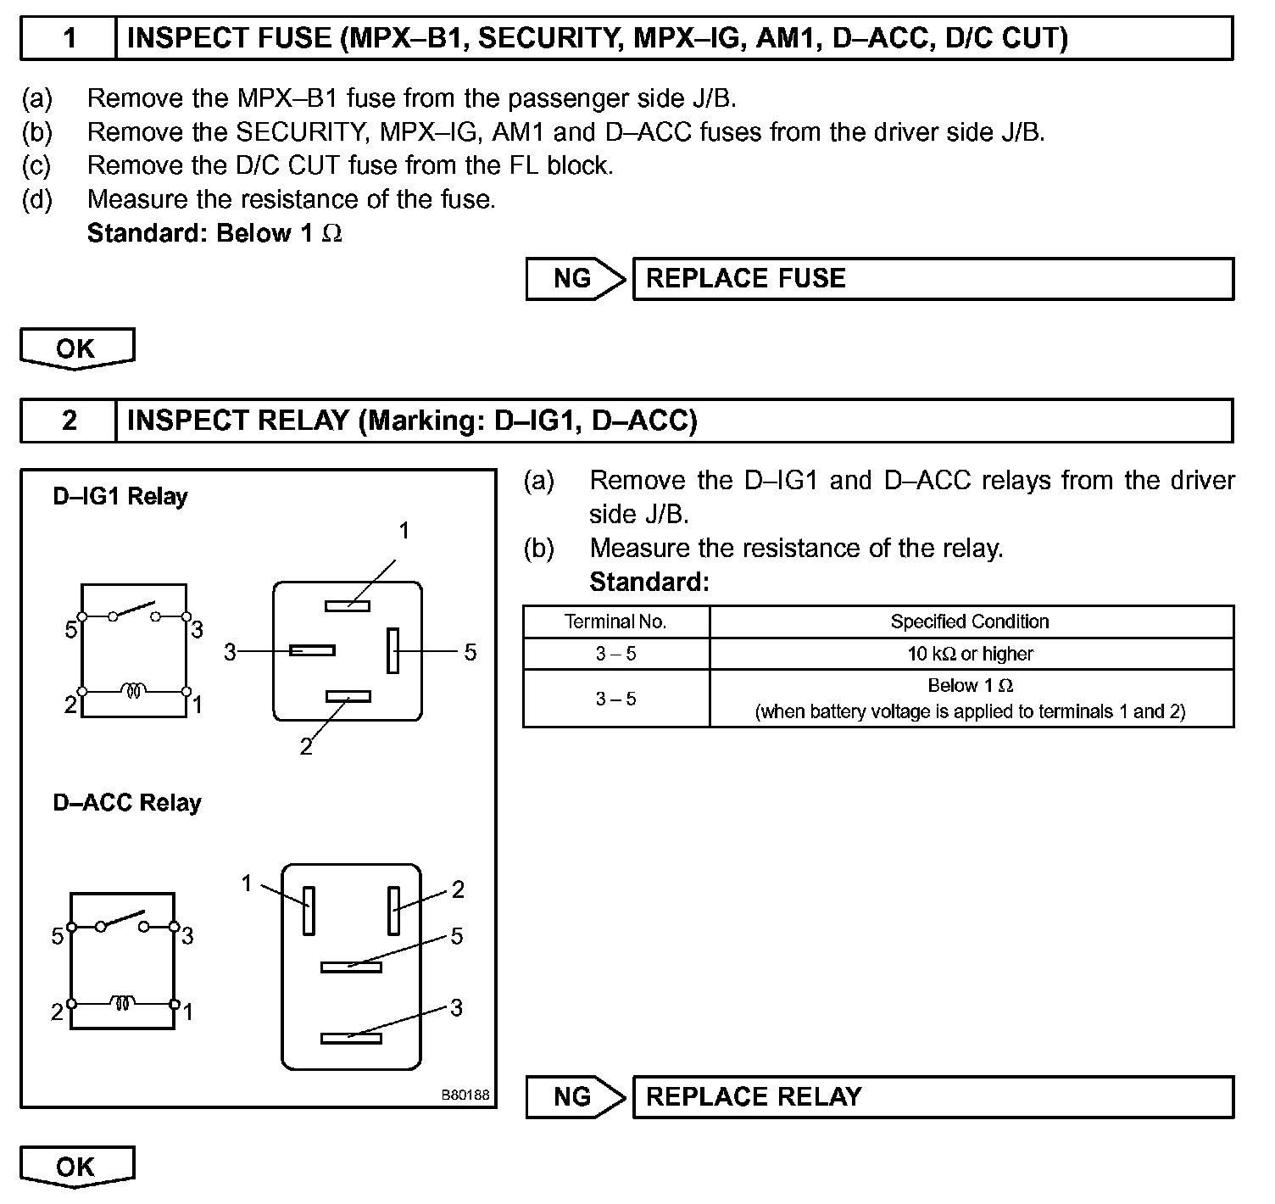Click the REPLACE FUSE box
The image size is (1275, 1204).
coord(933,279)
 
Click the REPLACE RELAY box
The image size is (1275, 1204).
coord(933,1097)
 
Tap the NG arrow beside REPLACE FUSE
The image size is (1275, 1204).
coord(575,279)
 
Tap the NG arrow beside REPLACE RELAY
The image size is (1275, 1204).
coord(575,1097)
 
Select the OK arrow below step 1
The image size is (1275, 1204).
coord(76,348)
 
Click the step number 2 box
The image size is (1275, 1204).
coord(69,421)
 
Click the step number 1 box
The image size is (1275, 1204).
coord(69,38)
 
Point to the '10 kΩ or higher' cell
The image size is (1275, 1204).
coord(971,654)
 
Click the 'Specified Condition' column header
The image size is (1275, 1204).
coord(971,622)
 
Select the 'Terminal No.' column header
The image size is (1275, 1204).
coord(616,622)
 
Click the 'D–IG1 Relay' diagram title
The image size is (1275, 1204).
coord(120,496)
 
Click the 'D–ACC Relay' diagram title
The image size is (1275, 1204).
coord(127,803)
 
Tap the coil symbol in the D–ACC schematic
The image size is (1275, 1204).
coord(123,1004)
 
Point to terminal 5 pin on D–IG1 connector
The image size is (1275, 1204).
coord(393,651)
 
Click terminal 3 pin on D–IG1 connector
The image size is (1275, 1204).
coord(312,650)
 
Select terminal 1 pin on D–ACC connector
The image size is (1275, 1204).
coord(309,911)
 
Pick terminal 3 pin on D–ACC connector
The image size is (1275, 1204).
coord(351,1038)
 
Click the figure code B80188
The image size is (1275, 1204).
coord(465,1095)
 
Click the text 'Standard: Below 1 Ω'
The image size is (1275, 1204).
coord(214,233)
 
